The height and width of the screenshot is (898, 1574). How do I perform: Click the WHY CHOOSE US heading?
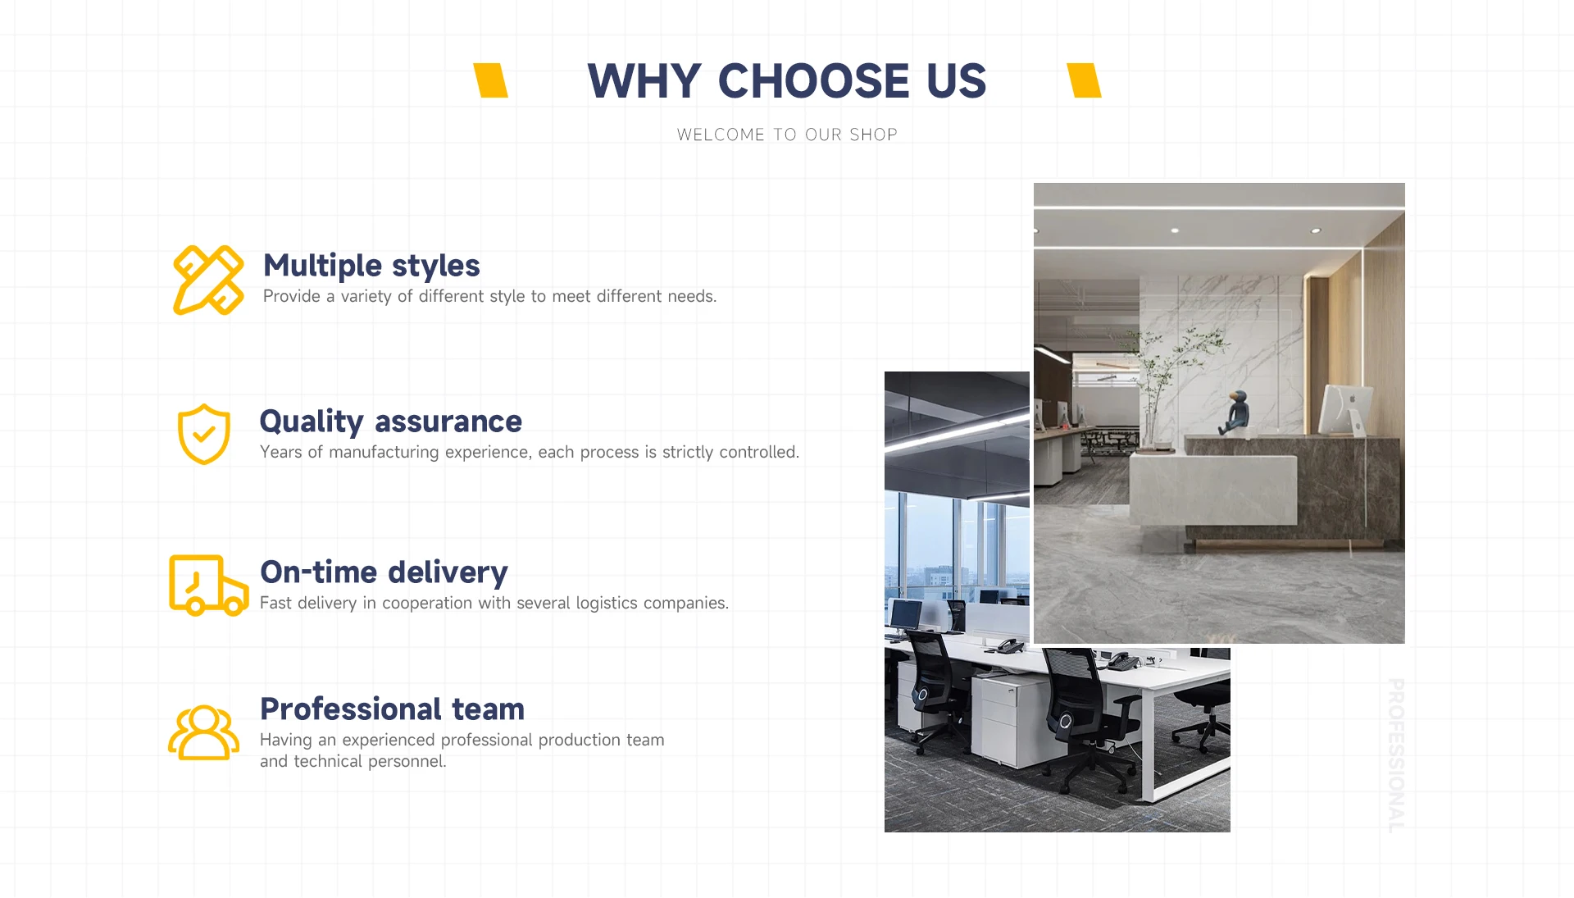point(787,81)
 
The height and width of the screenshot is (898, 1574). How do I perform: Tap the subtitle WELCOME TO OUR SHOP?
point(787,134)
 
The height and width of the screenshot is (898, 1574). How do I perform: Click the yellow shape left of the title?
point(491,80)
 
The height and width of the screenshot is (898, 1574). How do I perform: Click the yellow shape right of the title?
point(1084,80)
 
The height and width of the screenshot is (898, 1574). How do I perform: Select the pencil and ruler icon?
point(208,280)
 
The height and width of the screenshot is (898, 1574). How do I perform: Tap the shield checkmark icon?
point(204,434)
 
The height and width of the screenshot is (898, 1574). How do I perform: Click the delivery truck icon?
point(208,585)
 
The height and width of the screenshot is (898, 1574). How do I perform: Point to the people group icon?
point(204,732)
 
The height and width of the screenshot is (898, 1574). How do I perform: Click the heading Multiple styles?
point(371,266)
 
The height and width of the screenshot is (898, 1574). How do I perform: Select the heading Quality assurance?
point(391,422)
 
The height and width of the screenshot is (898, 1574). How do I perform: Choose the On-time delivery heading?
point(384,572)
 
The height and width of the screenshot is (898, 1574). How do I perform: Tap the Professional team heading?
point(392,709)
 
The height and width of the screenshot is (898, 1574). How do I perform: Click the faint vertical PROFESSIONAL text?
point(1396,755)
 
